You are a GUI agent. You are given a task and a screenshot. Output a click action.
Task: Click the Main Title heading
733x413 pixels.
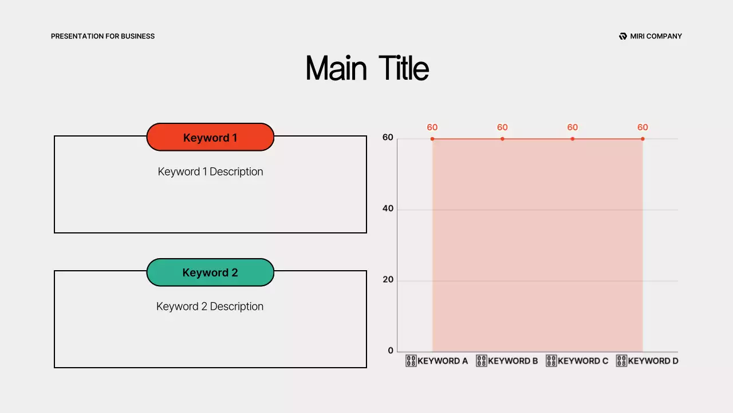(x=367, y=68)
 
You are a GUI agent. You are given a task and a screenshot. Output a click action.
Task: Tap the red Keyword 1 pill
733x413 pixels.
(x=210, y=138)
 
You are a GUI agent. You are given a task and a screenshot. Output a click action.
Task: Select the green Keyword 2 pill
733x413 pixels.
(x=210, y=272)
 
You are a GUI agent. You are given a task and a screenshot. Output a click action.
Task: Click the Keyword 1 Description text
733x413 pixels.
(x=210, y=172)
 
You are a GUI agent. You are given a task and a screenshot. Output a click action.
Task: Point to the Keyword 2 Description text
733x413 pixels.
(x=210, y=306)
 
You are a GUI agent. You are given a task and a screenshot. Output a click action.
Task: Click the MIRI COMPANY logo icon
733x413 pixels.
(x=623, y=36)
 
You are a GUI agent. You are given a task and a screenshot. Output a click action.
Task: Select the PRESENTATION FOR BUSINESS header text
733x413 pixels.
(x=103, y=36)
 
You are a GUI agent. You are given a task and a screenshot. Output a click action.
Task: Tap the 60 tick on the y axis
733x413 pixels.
(x=388, y=138)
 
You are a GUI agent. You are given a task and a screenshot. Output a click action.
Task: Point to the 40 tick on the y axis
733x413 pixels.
(x=388, y=209)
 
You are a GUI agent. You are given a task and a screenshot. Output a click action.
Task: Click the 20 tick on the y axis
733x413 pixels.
(x=388, y=280)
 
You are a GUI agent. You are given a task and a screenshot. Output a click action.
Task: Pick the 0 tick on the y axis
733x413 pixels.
(x=391, y=351)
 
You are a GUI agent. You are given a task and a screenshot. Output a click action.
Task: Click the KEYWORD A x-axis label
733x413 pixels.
(x=437, y=361)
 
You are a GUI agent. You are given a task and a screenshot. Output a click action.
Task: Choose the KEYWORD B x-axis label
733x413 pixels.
(x=507, y=361)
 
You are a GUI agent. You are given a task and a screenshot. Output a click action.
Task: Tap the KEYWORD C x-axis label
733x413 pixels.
(x=577, y=361)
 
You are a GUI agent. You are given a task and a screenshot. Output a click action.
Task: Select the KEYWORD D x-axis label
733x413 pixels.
(x=647, y=361)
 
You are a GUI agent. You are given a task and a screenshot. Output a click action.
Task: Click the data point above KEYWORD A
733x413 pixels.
(x=432, y=139)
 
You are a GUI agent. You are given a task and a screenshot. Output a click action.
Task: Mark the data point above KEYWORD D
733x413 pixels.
(x=643, y=139)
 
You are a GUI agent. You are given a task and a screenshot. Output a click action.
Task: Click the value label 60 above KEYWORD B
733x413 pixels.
(x=502, y=127)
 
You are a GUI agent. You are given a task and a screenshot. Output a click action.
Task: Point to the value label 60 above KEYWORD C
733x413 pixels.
(x=573, y=127)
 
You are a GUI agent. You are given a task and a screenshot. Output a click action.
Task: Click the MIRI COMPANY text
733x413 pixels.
(x=656, y=36)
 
